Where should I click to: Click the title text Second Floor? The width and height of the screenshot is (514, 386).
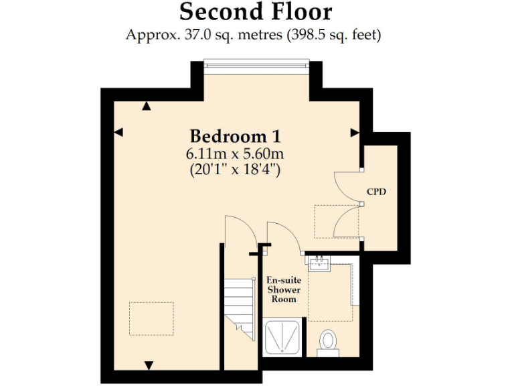pos(256,12)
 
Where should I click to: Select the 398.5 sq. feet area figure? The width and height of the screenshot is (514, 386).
pos(334,35)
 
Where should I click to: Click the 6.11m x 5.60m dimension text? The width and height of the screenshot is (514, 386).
pos(235,153)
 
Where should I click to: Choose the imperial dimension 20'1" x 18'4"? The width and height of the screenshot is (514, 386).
pos(235,170)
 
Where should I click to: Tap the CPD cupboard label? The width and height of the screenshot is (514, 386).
pos(377,192)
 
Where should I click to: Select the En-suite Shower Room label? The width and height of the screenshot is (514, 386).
pos(283,289)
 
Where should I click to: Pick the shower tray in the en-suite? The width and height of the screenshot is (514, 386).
pos(284,339)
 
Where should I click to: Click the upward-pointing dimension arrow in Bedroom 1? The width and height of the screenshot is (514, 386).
pos(147,105)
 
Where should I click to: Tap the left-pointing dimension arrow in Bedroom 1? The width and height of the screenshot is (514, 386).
pos(118,133)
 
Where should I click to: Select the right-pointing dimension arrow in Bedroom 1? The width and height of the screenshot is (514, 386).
pos(355,133)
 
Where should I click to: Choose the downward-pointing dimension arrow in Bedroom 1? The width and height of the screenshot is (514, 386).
pos(149,365)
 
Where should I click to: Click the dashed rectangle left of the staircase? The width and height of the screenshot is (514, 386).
pos(151,318)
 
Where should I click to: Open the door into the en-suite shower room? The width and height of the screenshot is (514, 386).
pos(278,236)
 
